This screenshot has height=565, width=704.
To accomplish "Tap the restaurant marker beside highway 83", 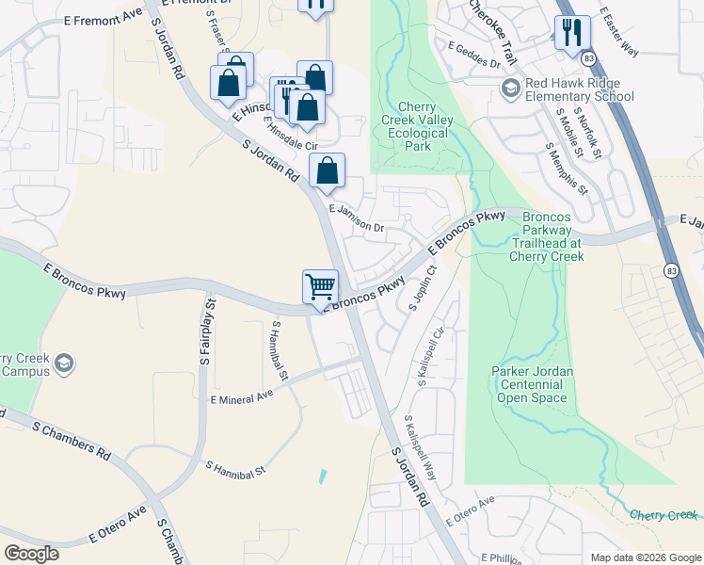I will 572,33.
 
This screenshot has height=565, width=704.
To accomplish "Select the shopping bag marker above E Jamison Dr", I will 327,171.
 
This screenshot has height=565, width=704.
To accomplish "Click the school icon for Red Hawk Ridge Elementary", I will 511,89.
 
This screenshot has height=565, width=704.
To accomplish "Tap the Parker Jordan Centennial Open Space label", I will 531,384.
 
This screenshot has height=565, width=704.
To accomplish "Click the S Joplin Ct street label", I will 421,288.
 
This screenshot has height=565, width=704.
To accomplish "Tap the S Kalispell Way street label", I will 421,447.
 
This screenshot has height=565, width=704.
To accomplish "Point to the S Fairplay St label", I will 208,331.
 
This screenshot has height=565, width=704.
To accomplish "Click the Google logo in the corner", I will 32,553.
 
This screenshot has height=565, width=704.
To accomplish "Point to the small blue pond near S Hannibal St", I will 324,476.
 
